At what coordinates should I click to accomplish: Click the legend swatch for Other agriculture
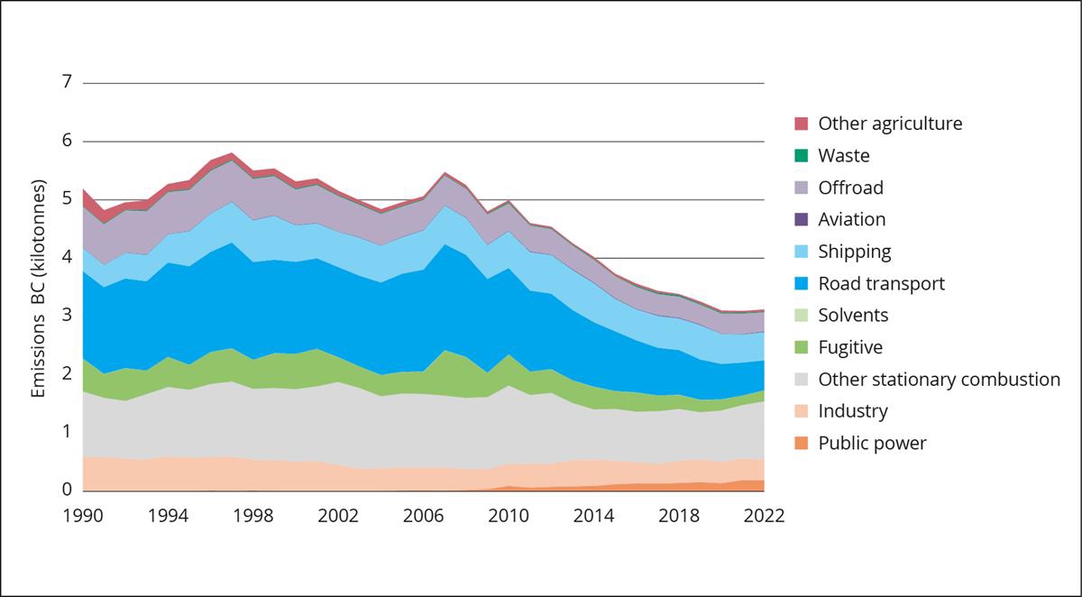[x=801, y=124]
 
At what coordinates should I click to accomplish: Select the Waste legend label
[x=843, y=155]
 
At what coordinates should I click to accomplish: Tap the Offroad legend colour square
[x=801, y=188]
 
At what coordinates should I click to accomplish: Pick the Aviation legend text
[x=851, y=219]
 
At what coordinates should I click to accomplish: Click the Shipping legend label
[x=854, y=252]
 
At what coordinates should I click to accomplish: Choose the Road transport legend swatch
[x=801, y=283]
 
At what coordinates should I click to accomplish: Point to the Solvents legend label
[x=853, y=315]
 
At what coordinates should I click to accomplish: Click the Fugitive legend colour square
[x=801, y=347]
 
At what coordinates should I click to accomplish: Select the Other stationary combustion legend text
[x=939, y=379]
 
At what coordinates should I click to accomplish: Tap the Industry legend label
[x=853, y=411]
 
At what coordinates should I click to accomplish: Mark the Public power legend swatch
[x=801, y=443]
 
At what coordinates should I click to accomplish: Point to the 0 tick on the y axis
[x=66, y=491]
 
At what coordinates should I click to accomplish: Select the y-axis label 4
[x=66, y=258]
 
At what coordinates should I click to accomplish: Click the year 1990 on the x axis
[x=83, y=516]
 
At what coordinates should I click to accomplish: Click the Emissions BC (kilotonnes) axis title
[x=38, y=287]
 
